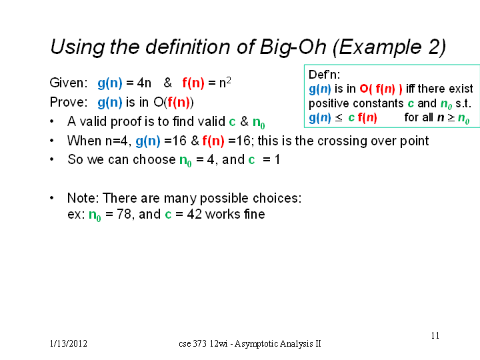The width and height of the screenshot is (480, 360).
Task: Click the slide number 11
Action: [x=435, y=335]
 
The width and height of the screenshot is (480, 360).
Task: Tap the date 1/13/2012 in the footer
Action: [x=68, y=343]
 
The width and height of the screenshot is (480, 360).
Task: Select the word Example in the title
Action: [x=379, y=47]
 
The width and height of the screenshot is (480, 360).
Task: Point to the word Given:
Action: [x=69, y=83]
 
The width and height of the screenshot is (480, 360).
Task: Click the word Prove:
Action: [x=69, y=102]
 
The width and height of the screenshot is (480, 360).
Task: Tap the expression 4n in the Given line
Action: [x=144, y=83]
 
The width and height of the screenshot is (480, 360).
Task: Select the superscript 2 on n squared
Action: [x=229, y=80]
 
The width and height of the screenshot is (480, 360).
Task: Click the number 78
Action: [x=124, y=214]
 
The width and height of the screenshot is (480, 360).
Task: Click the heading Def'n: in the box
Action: [x=324, y=75]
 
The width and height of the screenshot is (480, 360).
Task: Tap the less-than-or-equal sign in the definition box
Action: [x=338, y=118]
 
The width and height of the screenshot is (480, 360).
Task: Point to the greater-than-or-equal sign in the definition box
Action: [x=451, y=118]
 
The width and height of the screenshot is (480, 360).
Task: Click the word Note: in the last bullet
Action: [x=83, y=198]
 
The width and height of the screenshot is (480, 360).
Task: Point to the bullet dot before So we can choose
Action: [x=52, y=159]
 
